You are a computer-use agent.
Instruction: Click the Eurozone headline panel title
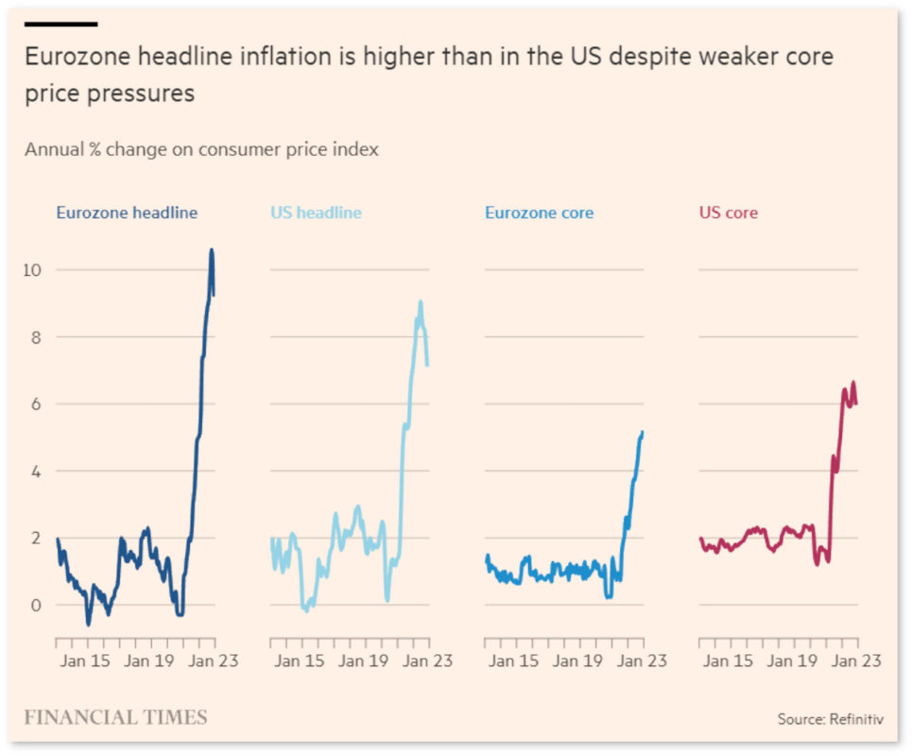(x=127, y=213)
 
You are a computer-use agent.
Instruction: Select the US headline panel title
(x=316, y=213)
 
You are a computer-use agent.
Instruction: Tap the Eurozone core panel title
(x=539, y=213)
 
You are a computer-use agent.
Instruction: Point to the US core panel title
(x=728, y=213)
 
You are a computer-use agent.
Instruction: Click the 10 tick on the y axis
(x=35, y=270)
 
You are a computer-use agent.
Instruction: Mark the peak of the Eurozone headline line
(x=212, y=250)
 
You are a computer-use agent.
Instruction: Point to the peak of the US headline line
(x=421, y=302)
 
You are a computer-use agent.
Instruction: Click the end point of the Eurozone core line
(x=643, y=432)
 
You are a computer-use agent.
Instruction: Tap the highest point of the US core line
(x=853, y=383)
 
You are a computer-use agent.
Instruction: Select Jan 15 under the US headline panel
(x=300, y=661)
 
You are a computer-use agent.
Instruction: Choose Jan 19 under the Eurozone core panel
(x=578, y=661)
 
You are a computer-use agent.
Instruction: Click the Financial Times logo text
(x=115, y=717)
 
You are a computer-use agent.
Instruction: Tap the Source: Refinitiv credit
(x=831, y=720)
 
